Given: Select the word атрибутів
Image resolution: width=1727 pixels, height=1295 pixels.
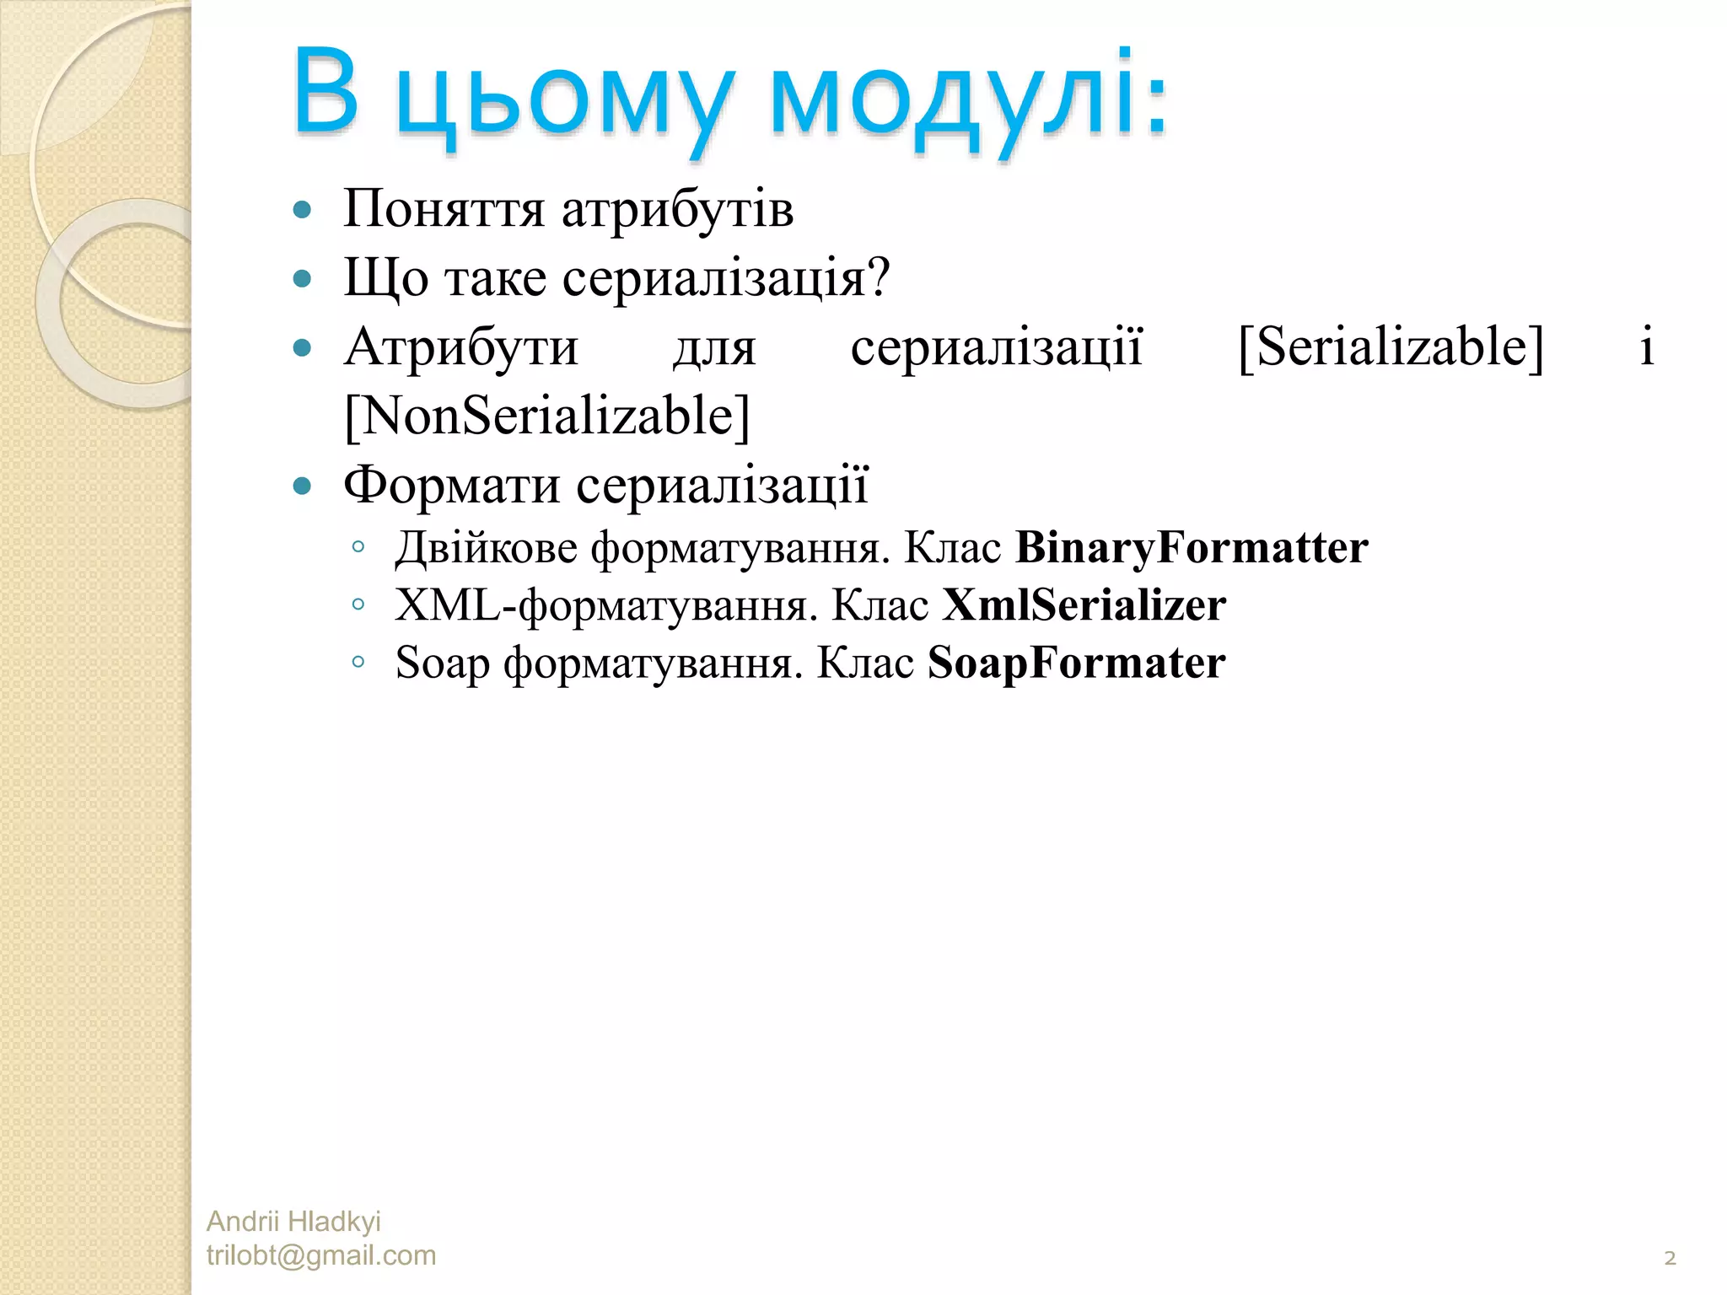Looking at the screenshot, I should click(677, 209).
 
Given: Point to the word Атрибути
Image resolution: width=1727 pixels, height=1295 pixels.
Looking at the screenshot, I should click(461, 347).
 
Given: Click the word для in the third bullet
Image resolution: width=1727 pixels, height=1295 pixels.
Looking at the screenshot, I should click(714, 348).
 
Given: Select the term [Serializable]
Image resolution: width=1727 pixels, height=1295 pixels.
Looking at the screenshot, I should click(1391, 347).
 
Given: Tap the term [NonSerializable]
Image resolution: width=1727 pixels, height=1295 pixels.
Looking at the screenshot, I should click(547, 416).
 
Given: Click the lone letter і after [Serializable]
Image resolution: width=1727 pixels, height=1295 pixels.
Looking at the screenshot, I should click(1646, 347).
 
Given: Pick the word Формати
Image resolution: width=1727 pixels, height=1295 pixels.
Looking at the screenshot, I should click(452, 485).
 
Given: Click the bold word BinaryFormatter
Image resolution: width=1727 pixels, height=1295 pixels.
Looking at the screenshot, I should click(1192, 548).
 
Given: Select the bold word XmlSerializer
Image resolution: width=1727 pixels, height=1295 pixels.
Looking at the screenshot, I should click(1084, 605).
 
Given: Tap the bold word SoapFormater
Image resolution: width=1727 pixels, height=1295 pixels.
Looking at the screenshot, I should click(1076, 663).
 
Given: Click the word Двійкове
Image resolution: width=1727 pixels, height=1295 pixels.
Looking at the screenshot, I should click(487, 548).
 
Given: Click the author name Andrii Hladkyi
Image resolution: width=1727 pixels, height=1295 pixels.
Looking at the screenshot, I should click(293, 1221).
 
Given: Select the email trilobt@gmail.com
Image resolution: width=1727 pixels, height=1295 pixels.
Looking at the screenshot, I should click(321, 1255).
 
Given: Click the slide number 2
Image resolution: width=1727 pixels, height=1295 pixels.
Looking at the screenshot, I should click(1670, 1259).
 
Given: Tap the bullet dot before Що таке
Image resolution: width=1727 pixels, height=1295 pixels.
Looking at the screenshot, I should click(302, 278).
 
